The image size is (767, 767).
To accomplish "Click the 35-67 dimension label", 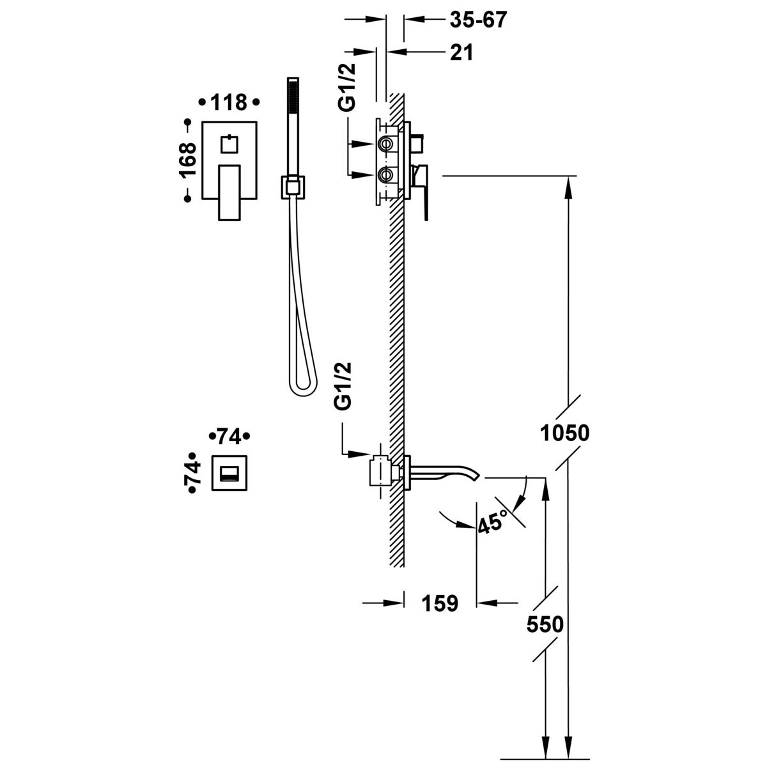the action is (479, 19).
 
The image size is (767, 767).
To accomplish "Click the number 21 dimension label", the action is (461, 52).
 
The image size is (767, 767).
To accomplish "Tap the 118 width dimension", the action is (229, 103).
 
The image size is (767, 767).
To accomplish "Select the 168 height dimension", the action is (188, 159).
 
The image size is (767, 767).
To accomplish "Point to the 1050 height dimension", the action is (565, 433).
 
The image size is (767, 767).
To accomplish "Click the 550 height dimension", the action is (545, 624).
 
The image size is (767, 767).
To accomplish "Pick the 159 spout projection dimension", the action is (440, 603).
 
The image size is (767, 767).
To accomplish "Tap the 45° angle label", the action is (493, 521).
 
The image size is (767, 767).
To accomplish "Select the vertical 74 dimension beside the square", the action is (192, 473).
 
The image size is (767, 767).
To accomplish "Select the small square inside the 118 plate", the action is (229, 144).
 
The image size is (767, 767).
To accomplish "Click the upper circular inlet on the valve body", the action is (385, 143).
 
